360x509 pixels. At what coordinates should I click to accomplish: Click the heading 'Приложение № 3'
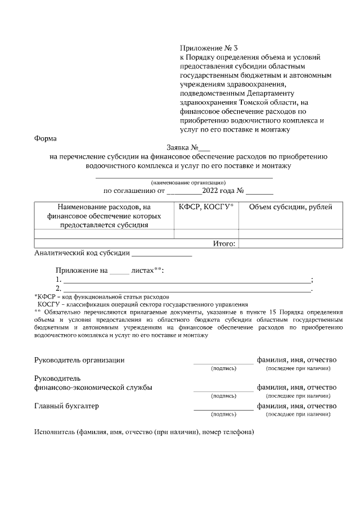205,48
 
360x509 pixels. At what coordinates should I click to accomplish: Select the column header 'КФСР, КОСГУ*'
206,207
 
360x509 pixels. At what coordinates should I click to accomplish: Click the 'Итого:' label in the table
224,244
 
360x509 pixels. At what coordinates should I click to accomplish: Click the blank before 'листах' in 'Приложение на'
119,271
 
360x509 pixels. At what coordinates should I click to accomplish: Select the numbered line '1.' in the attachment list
186,280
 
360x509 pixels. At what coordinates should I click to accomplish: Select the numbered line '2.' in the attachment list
186,289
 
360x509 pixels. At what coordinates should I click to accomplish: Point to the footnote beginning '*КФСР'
101,296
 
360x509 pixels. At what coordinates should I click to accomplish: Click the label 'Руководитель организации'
79,360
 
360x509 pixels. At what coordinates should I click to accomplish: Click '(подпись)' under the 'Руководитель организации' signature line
223,368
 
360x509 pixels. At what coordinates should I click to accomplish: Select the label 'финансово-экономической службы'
93,387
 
